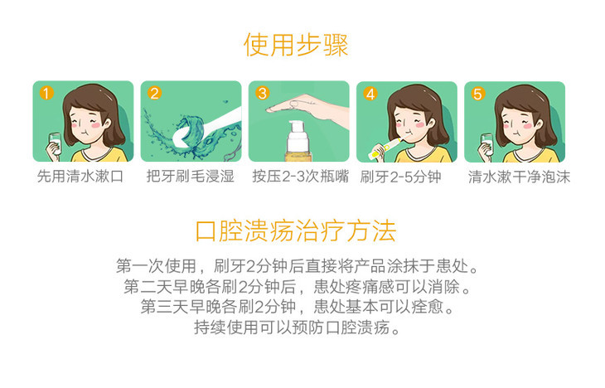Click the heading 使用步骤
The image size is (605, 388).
[296, 45]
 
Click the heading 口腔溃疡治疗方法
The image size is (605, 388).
[296, 230]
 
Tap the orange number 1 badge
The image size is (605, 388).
[46, 93]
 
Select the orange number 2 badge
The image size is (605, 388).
[154, 93]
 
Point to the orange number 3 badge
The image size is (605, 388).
[263, 93]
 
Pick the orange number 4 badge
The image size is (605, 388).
[370, 94]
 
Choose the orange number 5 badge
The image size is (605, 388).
[477, 94]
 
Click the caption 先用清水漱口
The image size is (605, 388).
[80, 176]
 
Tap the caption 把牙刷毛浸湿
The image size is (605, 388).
[191, 176]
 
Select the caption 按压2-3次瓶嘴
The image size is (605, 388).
[300, 176]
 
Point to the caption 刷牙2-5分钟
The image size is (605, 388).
[400, 177]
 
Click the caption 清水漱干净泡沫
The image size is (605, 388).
[519, 177]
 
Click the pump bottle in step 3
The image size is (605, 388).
[297, 141]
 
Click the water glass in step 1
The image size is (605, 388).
[56, 143]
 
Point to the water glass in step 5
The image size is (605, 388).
[487, 143]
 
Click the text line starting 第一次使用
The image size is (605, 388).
[297, 266]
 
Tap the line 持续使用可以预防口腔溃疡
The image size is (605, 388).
[297, 327]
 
